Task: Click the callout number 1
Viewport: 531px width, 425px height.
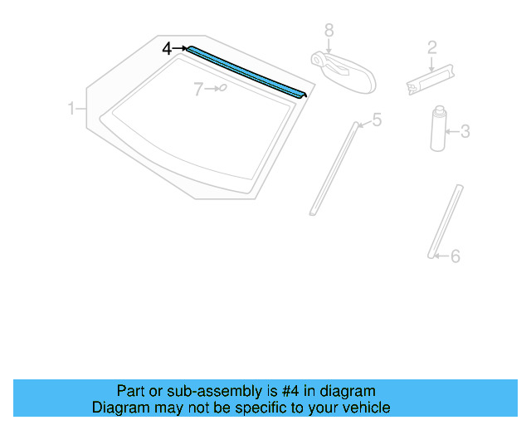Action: tap(72, 108)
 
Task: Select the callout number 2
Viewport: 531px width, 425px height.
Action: tap(431, 47)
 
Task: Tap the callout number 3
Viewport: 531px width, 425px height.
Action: tap(465, 131)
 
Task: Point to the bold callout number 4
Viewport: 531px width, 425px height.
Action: tap(167, 49)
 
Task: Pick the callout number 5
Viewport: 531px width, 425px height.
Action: tap(377, 121)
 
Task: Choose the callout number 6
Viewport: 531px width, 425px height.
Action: tap(455, 256)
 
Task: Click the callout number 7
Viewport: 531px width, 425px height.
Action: tap(198, 90)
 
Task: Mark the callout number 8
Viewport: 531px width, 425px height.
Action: tap(329, 30)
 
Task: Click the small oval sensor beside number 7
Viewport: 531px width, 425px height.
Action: tap(222, 88)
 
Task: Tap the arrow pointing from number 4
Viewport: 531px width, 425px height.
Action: tap(180, 49)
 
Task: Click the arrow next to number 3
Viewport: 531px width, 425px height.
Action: tap(451, 131)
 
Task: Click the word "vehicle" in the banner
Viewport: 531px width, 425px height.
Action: tap(364, 408)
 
